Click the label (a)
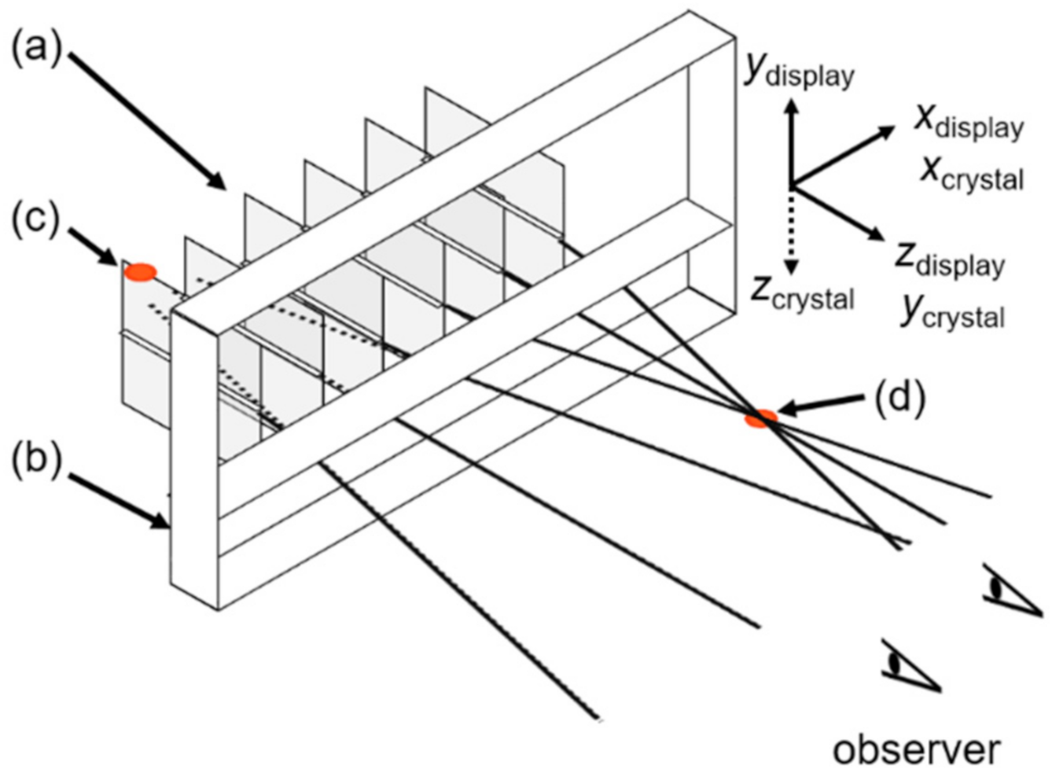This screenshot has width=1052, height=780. coord(35,51)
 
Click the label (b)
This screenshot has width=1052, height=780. coord(35,462)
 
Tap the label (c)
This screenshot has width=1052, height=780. coord(35,220)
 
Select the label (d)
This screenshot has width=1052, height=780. coord(899,398)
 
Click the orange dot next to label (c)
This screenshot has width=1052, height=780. coord(140,272)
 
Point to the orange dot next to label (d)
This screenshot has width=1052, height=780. coord(760,418)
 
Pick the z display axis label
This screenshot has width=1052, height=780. coord(949,259)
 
